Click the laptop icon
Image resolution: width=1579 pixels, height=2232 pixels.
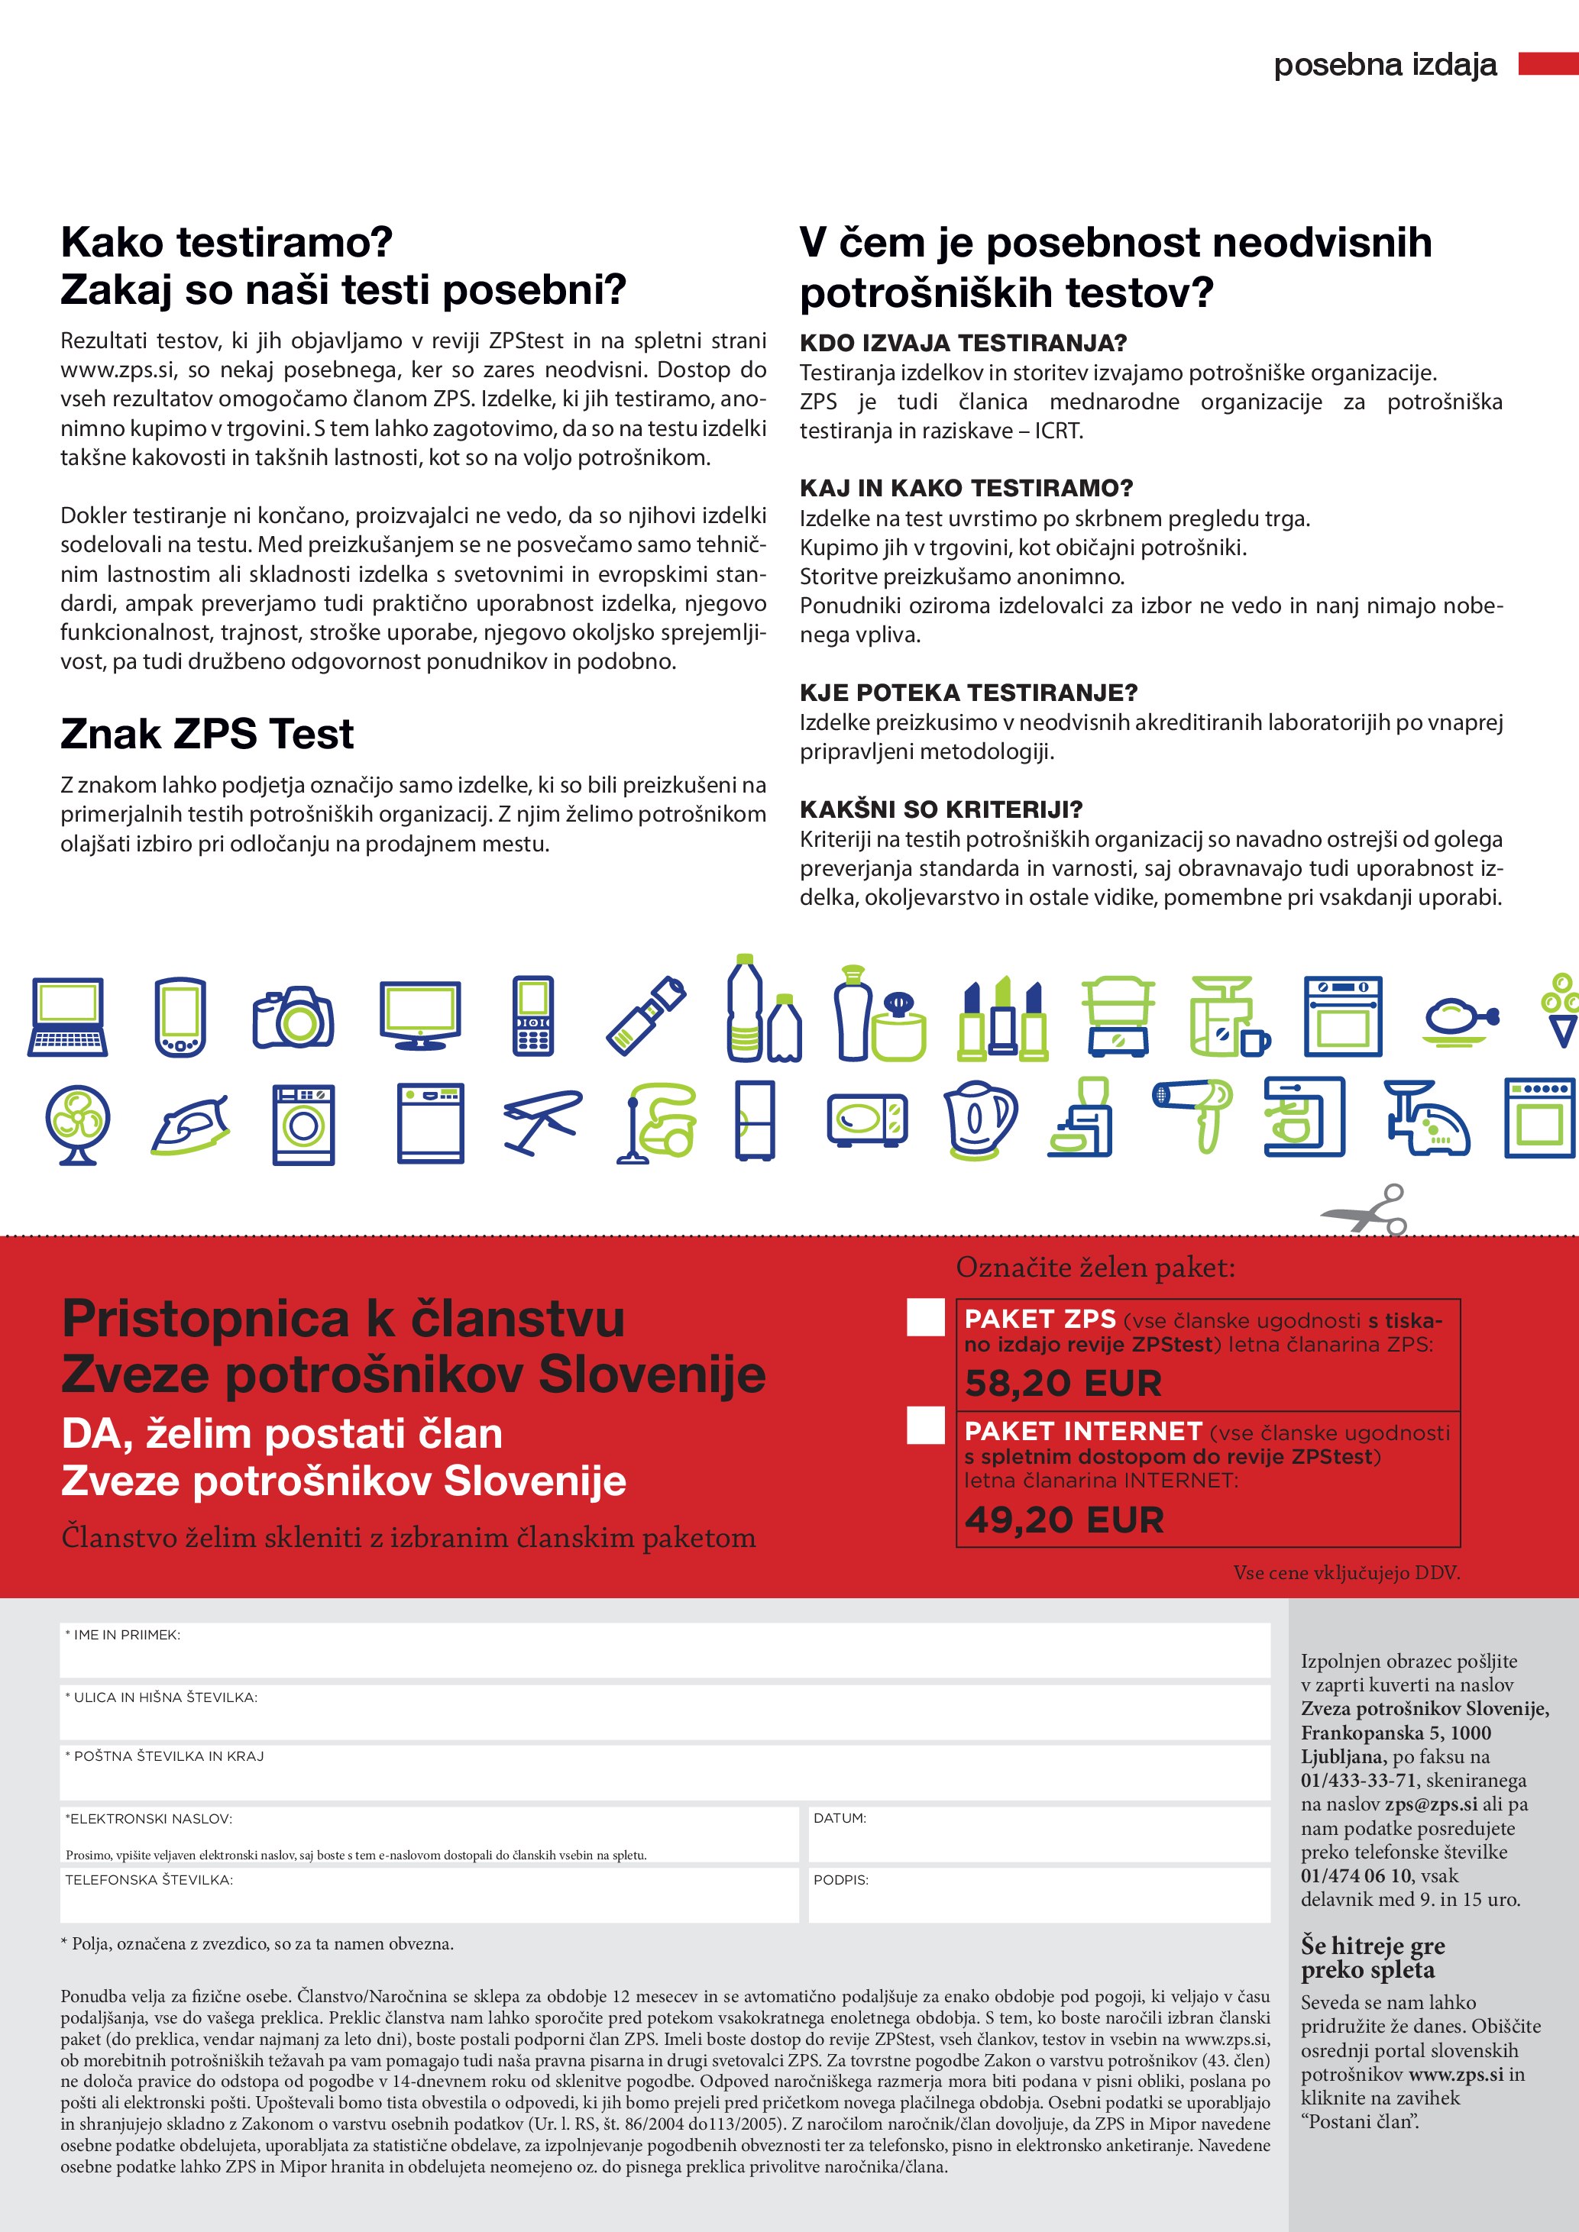[x=68, y=1017]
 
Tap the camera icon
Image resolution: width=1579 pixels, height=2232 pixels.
[x=293, y=1019]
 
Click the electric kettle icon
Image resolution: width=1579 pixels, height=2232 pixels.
[x=979, y=1119]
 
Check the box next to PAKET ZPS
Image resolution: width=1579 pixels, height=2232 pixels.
[x=926, y=1317]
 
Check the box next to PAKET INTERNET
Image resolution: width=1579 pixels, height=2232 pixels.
[x=926, y=1425]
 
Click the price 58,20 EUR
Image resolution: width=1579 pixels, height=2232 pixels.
[x=1063, y=1382]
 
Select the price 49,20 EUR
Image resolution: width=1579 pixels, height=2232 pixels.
[x=1063, y=1520]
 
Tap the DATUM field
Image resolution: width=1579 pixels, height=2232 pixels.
[x=1038, y=1833]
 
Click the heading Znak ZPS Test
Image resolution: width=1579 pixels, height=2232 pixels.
[x=207, y=734]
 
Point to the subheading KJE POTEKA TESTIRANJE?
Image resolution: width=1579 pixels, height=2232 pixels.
[x=969, y=693]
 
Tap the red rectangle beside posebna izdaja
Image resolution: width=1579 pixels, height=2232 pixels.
[x=1548, y=64]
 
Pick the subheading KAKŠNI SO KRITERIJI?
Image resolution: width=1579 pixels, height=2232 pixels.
[x=941, y=809]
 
